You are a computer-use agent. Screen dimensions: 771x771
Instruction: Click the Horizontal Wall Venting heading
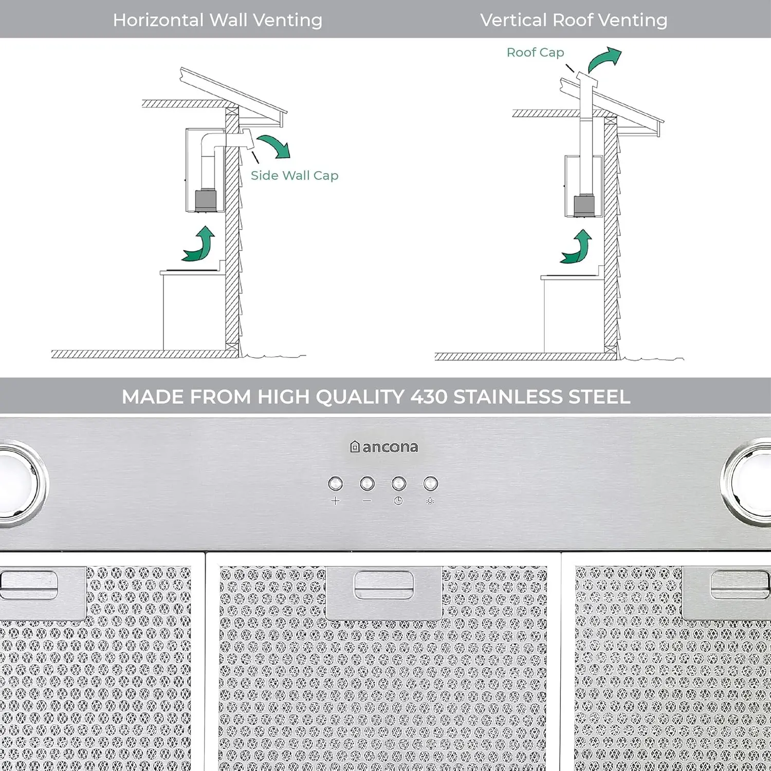tap(217, 20)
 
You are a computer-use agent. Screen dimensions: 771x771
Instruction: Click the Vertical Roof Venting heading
tap(574, 20)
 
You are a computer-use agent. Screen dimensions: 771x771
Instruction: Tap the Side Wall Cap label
tap(295, 175)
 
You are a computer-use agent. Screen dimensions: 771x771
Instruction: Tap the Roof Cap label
tap(535, 52)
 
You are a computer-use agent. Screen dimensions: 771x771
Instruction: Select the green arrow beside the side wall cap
tap(275, 146)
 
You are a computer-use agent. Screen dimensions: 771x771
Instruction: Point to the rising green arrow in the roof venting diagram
tap(578, 248)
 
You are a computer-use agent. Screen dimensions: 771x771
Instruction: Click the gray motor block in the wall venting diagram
tap(206, 200)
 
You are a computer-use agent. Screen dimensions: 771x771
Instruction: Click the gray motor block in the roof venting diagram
tap(584, 206)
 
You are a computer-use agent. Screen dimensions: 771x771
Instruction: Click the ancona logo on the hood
tap(384, 447)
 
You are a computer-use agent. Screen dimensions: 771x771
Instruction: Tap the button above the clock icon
tap(399, 484)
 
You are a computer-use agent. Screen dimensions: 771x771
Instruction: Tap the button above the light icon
tap(430, 484)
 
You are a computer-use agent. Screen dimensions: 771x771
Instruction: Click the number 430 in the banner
tap(429, 397)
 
